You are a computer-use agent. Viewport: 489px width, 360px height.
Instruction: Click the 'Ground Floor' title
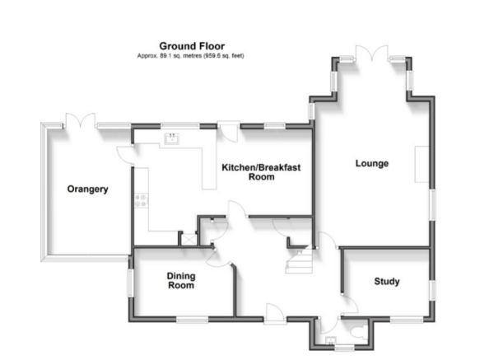[191, 45]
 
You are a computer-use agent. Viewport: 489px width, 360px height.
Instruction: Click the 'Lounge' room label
[371, 163]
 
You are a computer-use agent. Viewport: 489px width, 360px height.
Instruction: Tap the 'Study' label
[386, 282]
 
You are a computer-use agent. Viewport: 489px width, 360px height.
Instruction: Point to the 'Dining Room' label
[180, 281]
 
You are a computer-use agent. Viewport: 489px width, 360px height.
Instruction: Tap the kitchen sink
[173, 138]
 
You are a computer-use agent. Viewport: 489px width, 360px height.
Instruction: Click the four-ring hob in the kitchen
[141, 199]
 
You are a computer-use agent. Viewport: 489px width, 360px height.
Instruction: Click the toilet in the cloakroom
[356, 333]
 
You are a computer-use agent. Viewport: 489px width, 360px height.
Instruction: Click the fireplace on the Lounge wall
[422, 162]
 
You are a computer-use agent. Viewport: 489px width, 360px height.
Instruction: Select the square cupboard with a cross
[188, 238]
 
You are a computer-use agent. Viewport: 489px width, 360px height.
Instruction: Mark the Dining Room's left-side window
[129, 277]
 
